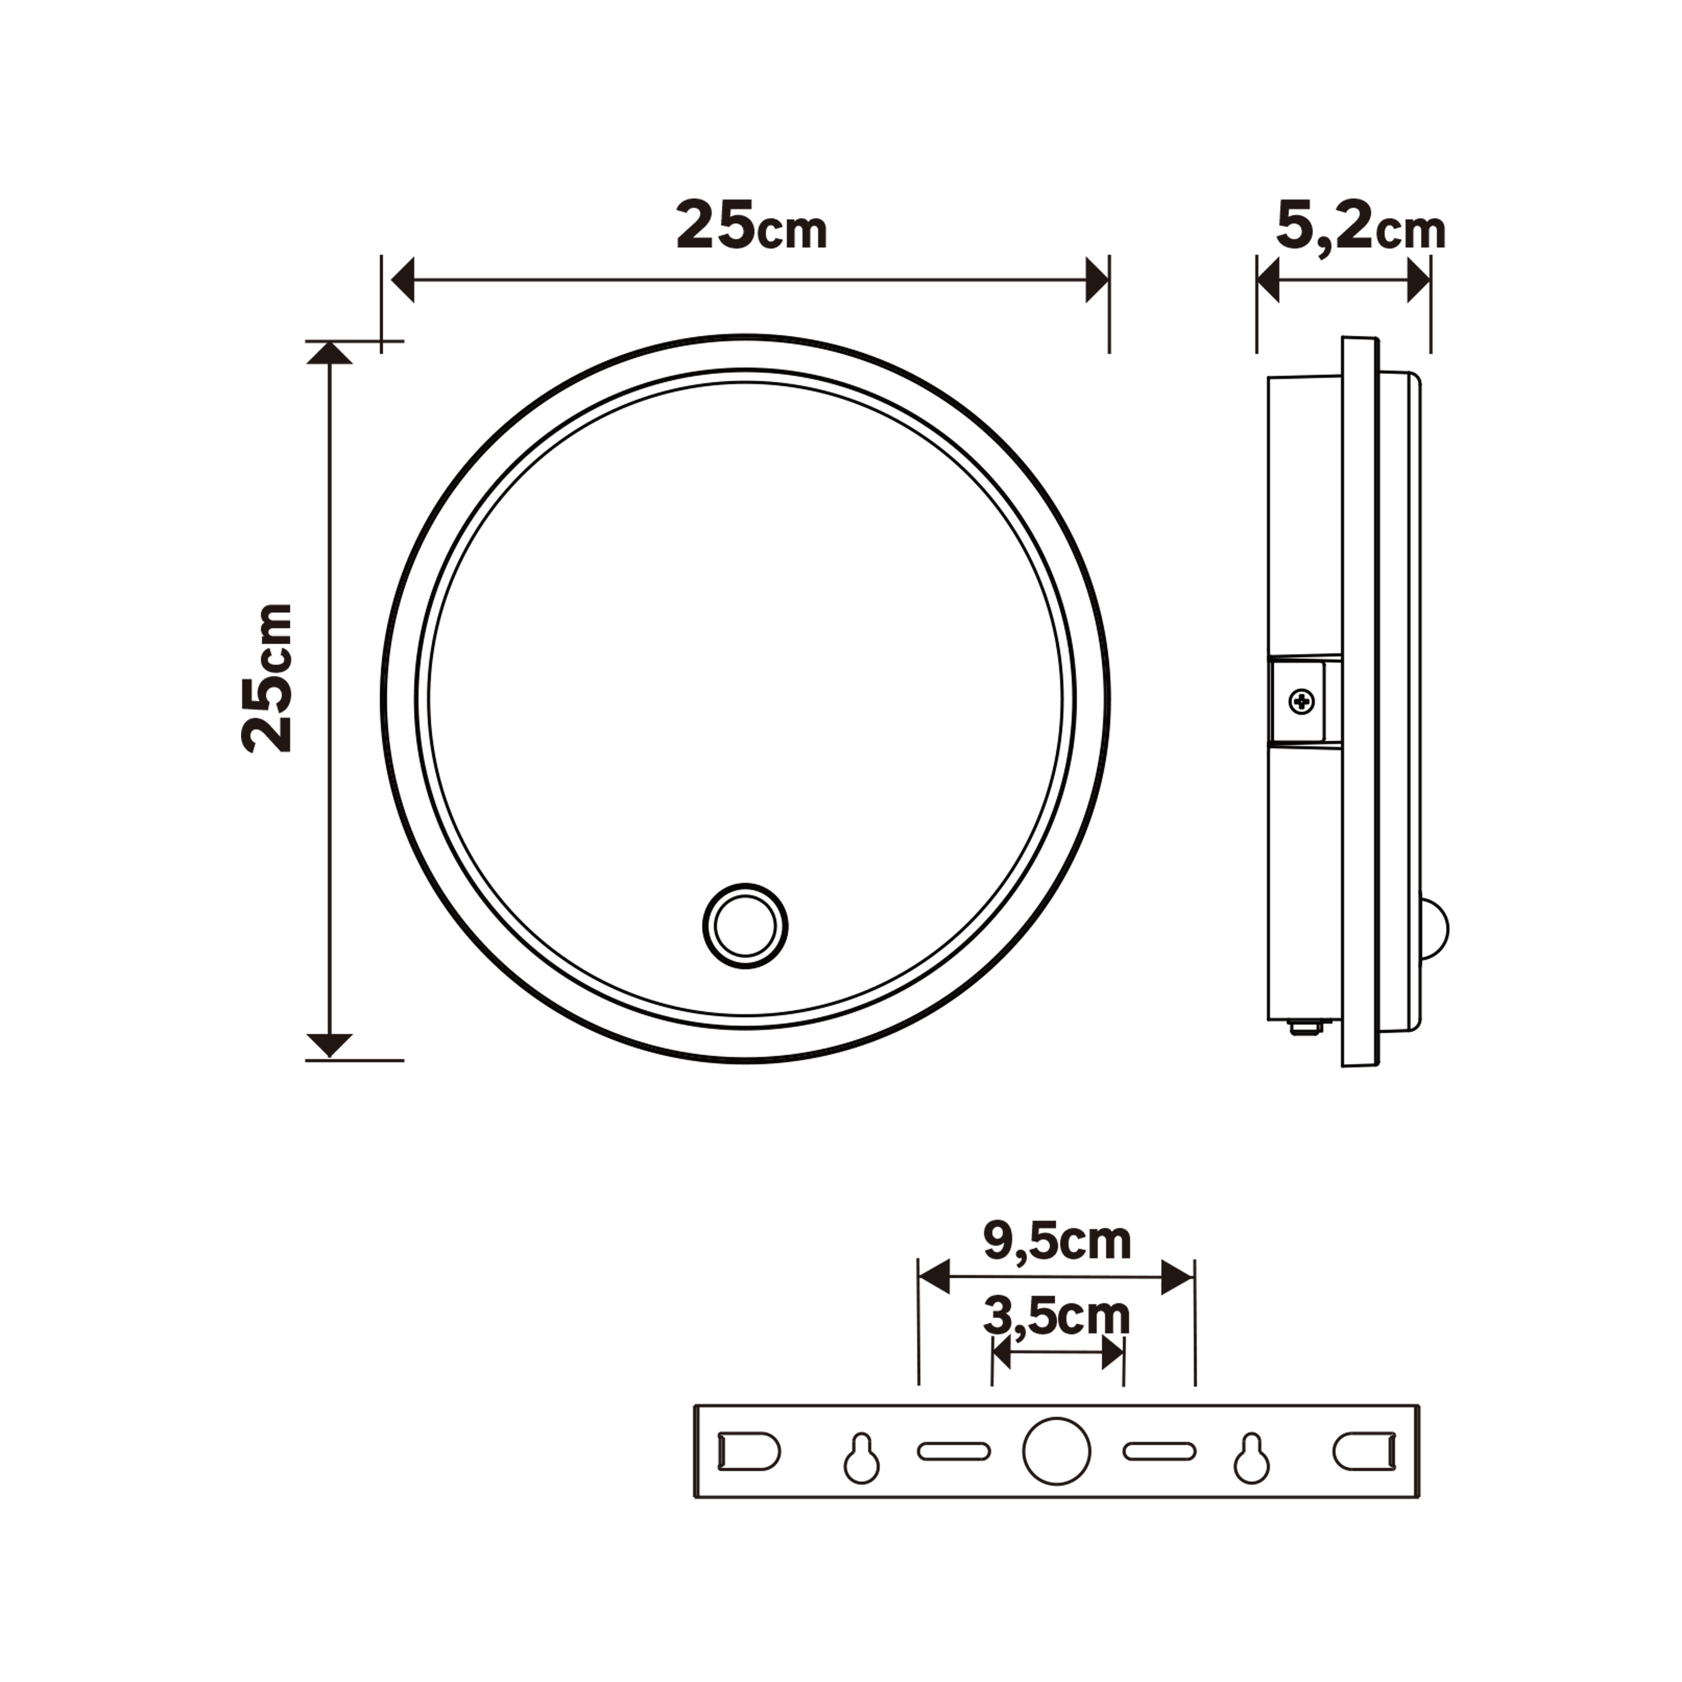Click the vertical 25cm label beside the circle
(267, 677)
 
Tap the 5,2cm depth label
(1360, 227)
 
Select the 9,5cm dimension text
(1056, 1242)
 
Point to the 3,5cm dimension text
(1056, 1317)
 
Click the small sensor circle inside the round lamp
(745, 926)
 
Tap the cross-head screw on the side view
(1301, 701)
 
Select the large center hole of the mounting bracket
(1056, 1452)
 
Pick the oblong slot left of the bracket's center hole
(954, 1452)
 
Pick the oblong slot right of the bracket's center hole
(1159, 1452)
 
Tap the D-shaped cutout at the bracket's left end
(748, 1452)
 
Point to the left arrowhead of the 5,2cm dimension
(1268, 281)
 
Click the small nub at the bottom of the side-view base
(1304, 1029)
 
